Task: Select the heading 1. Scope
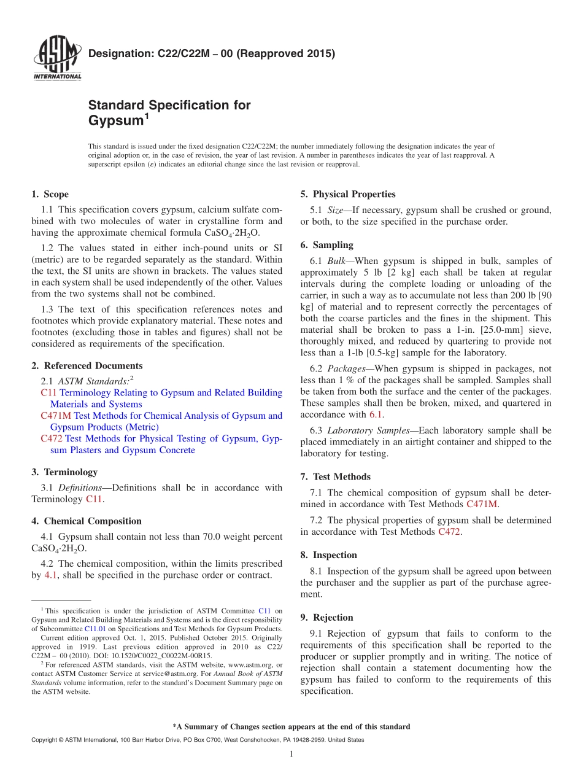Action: (50, 195)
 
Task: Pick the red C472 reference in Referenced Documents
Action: (52, 439)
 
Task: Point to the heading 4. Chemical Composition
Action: (87, 521)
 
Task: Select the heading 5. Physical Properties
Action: (348, 195)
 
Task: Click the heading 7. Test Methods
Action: (336, 477)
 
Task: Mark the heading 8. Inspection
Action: (328, 555)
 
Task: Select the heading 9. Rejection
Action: (327, 618)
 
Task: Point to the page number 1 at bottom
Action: (291, 754)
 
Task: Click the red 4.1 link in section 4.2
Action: (52, 576)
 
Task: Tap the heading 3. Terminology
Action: (64, 472)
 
